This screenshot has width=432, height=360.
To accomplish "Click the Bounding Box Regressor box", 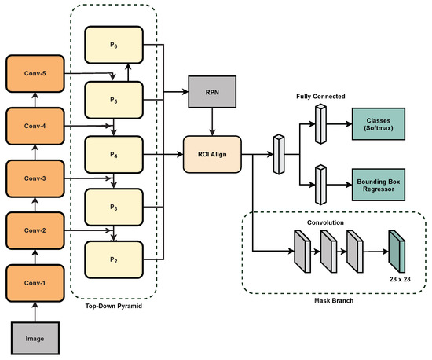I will [x=379, y=185].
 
